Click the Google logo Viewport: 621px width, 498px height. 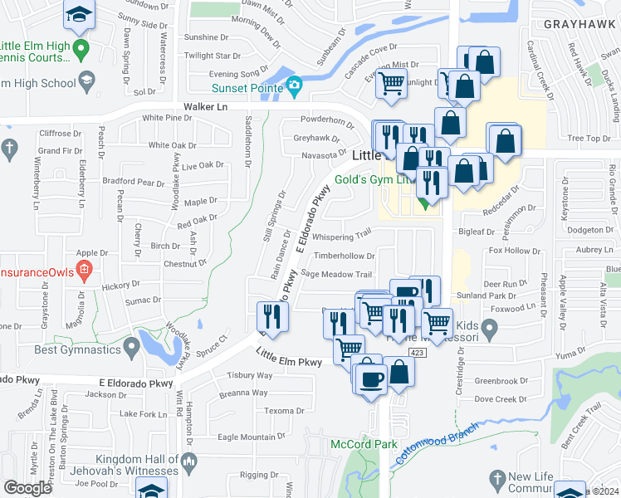point(27,488)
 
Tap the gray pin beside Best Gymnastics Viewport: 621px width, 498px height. point(130,344)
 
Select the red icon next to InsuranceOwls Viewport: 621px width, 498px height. point(83,270)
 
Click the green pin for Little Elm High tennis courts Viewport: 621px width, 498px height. point(80,50)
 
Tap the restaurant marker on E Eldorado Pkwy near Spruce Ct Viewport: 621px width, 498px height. point(272,316)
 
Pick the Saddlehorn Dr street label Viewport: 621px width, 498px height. point(247,142)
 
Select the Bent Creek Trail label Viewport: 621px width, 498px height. point(591,422)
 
